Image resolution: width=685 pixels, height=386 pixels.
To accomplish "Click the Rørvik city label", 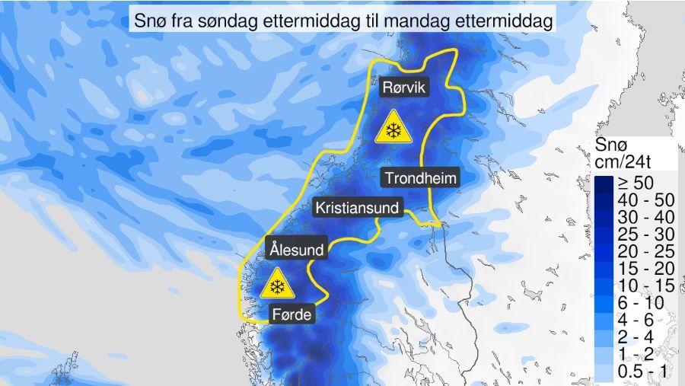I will (405, 88).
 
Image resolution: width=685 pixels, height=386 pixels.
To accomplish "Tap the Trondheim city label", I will (421, 177).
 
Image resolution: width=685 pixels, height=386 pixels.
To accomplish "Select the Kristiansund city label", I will (358, 207).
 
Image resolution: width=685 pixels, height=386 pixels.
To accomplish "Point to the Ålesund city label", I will (297, 249).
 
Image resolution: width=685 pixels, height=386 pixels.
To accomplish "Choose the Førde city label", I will (292, 313).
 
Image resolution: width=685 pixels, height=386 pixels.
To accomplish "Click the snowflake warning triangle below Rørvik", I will (393, 129).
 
